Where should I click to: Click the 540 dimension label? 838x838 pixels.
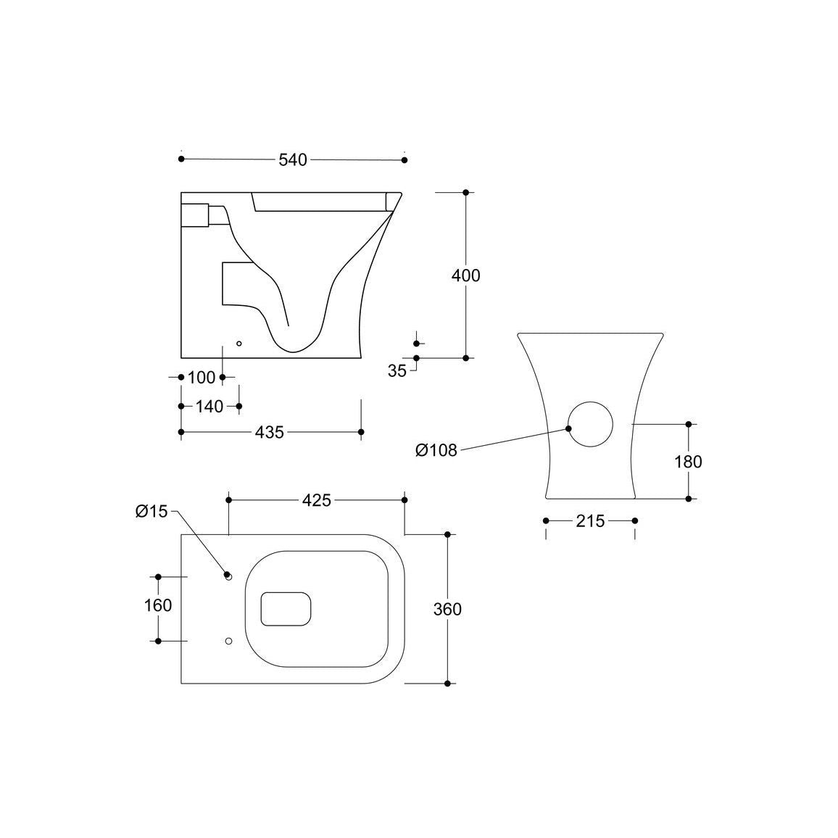(x=293, y=159)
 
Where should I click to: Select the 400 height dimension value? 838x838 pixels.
(x=466, y=275)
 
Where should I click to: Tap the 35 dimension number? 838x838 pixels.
(x=397, y=371)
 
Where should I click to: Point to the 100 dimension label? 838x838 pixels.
(x=202, y=377)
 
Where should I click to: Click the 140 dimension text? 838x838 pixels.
(x=209, y=406)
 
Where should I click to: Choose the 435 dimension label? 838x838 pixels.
(x=270, y=432)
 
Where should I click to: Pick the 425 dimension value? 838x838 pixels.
(x=317, y=500)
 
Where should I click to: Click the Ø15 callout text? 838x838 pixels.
(x=152, y=512)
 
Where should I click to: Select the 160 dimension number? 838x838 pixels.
(x=158, y=605)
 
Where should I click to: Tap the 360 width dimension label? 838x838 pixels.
(x=447, y=609)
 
